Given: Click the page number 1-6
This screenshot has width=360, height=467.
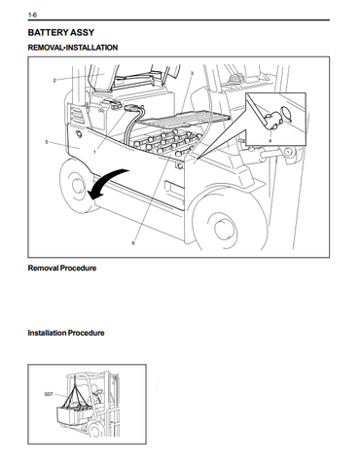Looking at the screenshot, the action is pyautogui.click(x=32, y=15).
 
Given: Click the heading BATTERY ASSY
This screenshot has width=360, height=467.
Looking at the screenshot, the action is pyautogui.click(x=61, y=32).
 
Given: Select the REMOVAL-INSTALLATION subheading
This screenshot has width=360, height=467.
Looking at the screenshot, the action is pyautogui.click(x=73, y=48).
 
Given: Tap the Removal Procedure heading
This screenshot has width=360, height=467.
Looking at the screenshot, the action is pyautogui.click(x=62, y=269).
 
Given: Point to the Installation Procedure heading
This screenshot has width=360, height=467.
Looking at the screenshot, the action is pyautogui.click(x=66, y=333).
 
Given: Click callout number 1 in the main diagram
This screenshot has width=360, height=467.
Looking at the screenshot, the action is pyautogui.click(x=94, y=152).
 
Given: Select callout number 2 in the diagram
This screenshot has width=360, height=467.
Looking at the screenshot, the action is pyautogui.click(x=54, y=80).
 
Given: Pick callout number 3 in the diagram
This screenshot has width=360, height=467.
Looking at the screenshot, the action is pyautogui.click(x=192, y=73).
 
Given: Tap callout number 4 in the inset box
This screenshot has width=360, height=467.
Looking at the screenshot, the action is pyautogui.click(x=270, y=140).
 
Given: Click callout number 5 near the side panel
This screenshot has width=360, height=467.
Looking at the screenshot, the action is pyautogui.click(x=47, y=142).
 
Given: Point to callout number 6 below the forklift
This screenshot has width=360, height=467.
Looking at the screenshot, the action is pyautogui.click(x=133, y=242).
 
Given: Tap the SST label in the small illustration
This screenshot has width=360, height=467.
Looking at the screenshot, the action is pyautogui.click(x=49, y=394).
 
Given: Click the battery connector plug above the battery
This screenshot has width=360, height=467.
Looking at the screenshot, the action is pyautogui.click(x=132, y=108).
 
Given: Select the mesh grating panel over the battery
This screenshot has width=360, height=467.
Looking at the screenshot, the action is pyautogui.click(x=185, y=119).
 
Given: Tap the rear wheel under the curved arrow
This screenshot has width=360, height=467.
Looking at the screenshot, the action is pyautogui.click(x=75, y=185).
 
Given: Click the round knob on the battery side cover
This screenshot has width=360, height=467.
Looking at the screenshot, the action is pyautogui.click(x=79, y=134).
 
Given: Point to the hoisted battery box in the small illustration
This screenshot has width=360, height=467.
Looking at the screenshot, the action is pyautogui.click(x=76, y=414).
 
